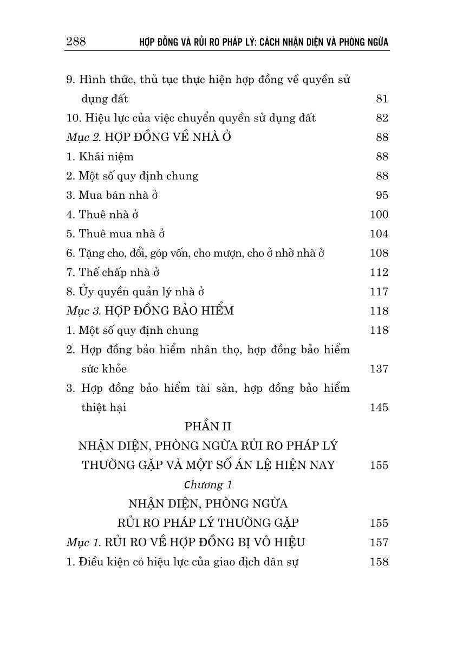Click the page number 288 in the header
pos(76,41)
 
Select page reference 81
pos(382,99)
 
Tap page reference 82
pos(382,118)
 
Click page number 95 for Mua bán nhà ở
pos(382,195)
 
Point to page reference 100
pos(379,215)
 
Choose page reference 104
pos(379,234)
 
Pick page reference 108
pos(379,253)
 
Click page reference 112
pos(379,272)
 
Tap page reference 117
pos(379,292)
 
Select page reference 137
pos(379,369)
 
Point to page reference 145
pos(379,408)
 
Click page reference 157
pos(379,543)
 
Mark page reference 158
pos(379,562)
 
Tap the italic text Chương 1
pos(207,484)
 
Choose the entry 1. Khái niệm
pos(100,157)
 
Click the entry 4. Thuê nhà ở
pos(99,215)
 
